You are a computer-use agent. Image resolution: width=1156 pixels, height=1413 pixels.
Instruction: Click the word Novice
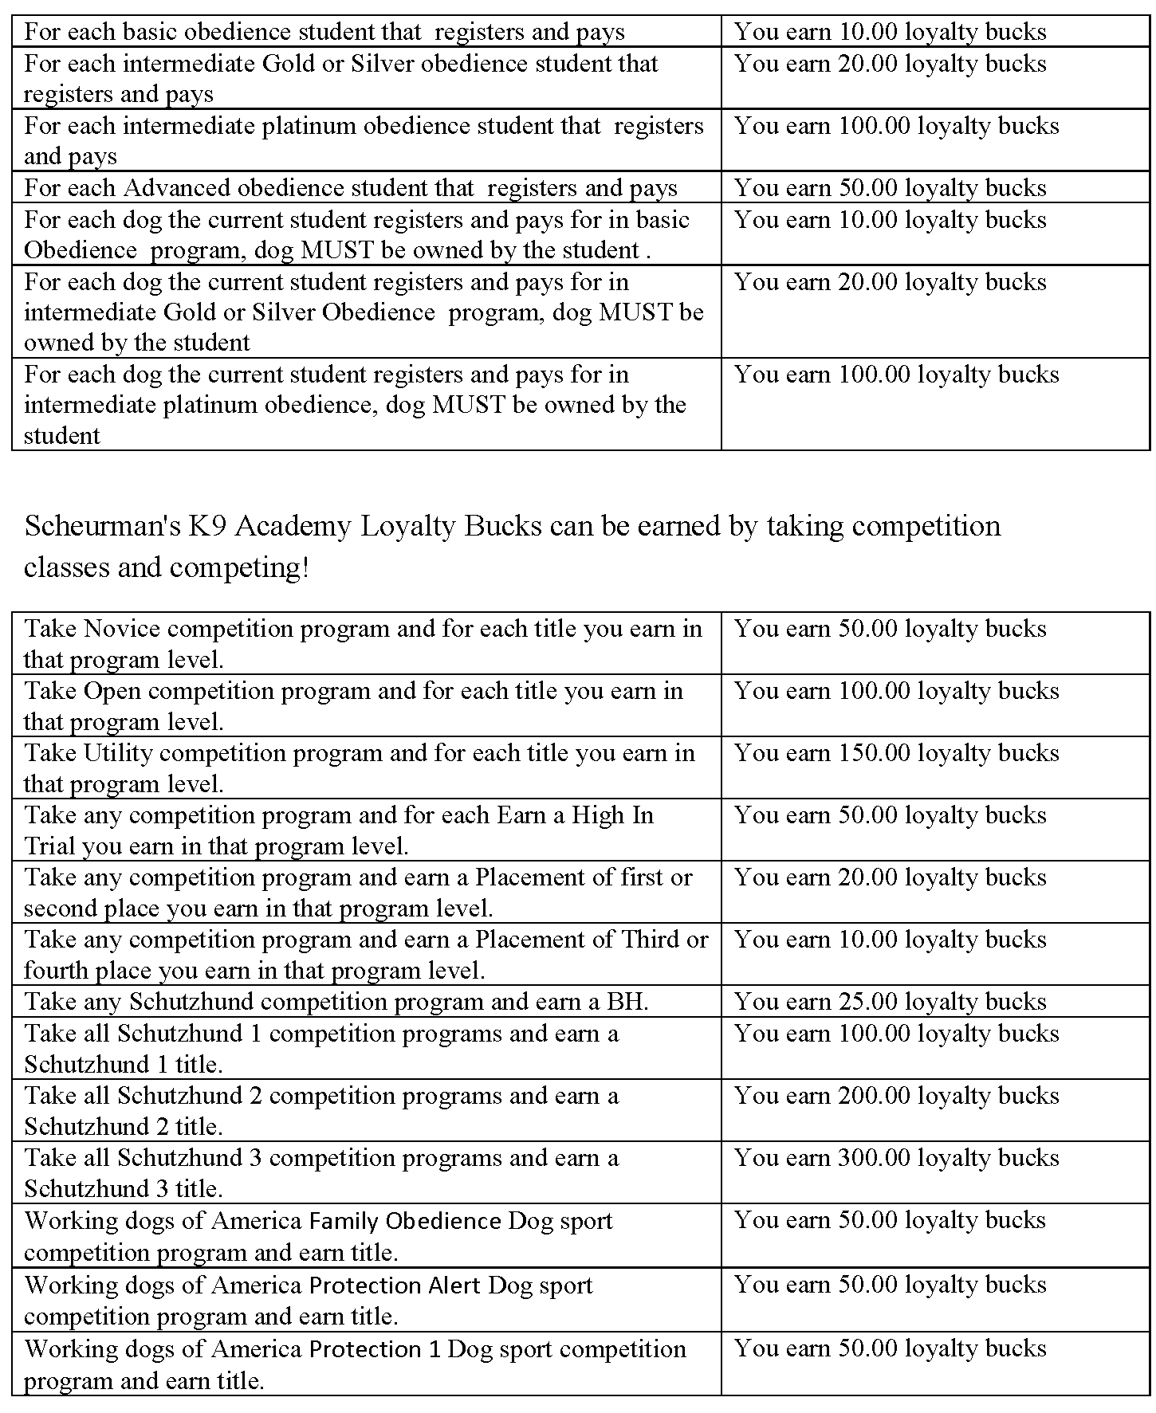(x=122, y=629)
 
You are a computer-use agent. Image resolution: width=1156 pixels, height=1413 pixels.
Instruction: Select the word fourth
(x=55, y=971)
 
